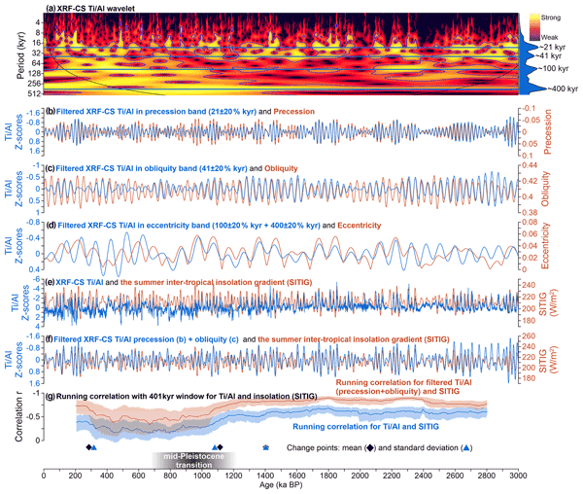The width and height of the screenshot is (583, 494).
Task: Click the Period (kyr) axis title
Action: (10, 53)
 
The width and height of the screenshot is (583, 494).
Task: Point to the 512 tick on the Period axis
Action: (32, 94)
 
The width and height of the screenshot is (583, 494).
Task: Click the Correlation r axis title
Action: (9, 420)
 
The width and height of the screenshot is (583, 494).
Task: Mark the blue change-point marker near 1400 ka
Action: (266, 447)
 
